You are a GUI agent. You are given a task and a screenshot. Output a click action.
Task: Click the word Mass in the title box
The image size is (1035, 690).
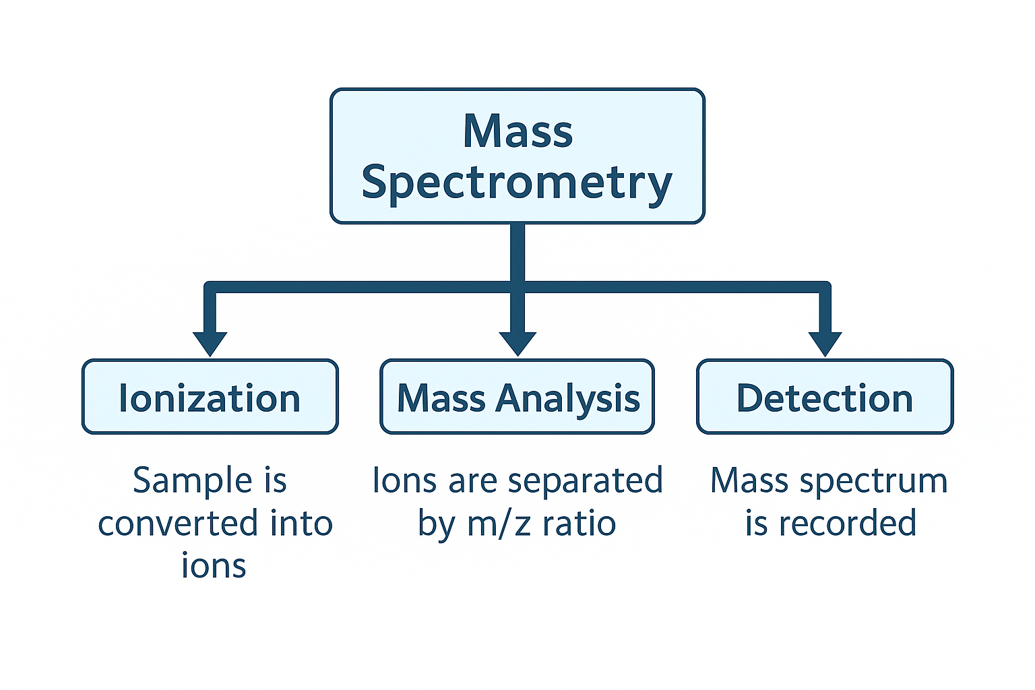pyautogui.click(x=517, y=131)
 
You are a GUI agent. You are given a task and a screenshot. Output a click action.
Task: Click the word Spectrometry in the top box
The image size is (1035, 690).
pyautogui.click(x=517, y=183)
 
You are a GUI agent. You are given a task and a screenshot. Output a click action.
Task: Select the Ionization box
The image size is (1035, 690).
pyautogui.click(x=210, y=398)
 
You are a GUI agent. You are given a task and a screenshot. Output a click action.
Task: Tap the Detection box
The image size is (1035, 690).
pyautogui.click(x=825, y=398)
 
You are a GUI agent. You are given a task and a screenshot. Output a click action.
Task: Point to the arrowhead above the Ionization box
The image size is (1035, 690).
pyautogui.click(x=210, y=343)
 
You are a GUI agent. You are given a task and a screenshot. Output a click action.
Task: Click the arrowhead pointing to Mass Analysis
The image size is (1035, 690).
pyautogui.click(x=517, y=343)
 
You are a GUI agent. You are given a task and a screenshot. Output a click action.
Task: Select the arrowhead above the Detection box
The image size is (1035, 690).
pyautogui.click(x=825, y=343)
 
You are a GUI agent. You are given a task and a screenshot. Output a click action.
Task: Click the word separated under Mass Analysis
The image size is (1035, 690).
pyautogui.click(x=585, y=481)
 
